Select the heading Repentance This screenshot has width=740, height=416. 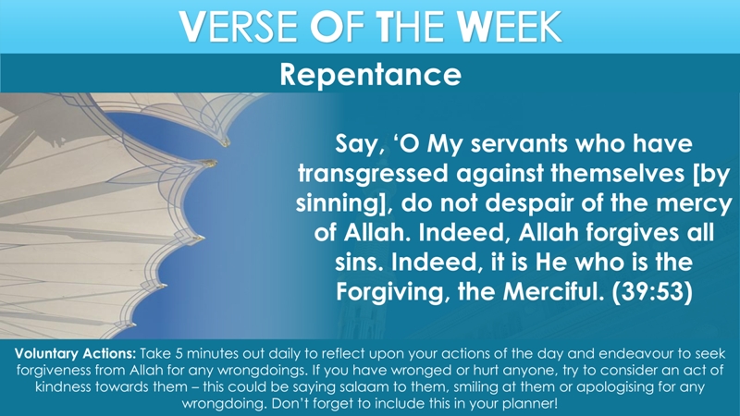[x=371, y=75]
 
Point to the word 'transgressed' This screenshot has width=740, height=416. [x=373, y=175]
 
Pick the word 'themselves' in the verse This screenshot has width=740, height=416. [x=617, y=174]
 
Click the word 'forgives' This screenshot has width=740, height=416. [x=636, y=233]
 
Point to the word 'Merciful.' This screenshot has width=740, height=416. [x=553, y=291]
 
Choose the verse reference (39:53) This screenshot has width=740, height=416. [x=652, y=291]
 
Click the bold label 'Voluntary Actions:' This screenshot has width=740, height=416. [x=75, y=354]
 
